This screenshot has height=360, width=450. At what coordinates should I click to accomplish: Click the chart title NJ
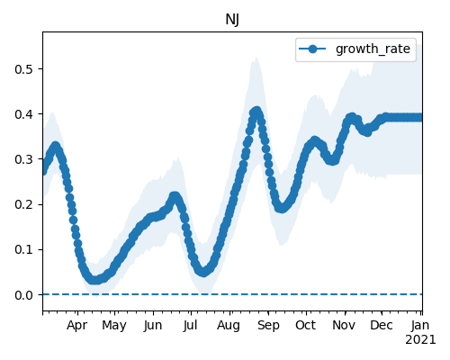(x=232, y=20)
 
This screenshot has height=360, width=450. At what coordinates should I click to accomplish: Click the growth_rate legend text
(x=373, y=49)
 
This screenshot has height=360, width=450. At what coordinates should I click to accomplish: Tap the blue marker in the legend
(x=312, y=49)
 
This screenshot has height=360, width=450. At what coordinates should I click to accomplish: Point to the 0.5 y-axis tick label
(x=24, y=69)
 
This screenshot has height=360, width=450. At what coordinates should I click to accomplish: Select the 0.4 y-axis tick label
(x=24, y=114)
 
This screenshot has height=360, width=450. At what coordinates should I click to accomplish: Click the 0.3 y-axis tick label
(x=24, y=159)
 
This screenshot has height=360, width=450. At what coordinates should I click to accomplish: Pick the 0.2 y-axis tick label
(x=24, y=204)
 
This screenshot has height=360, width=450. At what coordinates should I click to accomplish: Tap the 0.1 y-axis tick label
(x=24, y=249)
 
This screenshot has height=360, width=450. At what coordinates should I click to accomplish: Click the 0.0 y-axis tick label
(x=24, y=295)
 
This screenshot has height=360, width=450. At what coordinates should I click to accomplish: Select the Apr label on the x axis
(x=77, y=326)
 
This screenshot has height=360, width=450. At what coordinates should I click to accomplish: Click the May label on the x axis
(x=114, y=326)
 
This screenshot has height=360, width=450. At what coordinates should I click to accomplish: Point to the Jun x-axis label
(x=153, y=326)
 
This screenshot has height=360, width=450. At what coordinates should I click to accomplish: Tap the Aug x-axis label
(x=229, y=326)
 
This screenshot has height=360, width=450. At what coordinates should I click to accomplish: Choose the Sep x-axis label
(x=268, y=326)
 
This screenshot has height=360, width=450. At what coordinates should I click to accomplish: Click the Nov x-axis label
(x=344, y=326)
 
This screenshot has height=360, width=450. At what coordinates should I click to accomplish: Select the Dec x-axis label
(x=382, y=326)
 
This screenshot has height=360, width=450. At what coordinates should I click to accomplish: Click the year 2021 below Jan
(x=420, y=340)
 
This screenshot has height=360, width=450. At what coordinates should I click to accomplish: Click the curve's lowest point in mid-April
(x=94, y=280)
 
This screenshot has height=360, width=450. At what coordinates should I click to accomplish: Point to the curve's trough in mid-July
(x=203, y=272)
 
